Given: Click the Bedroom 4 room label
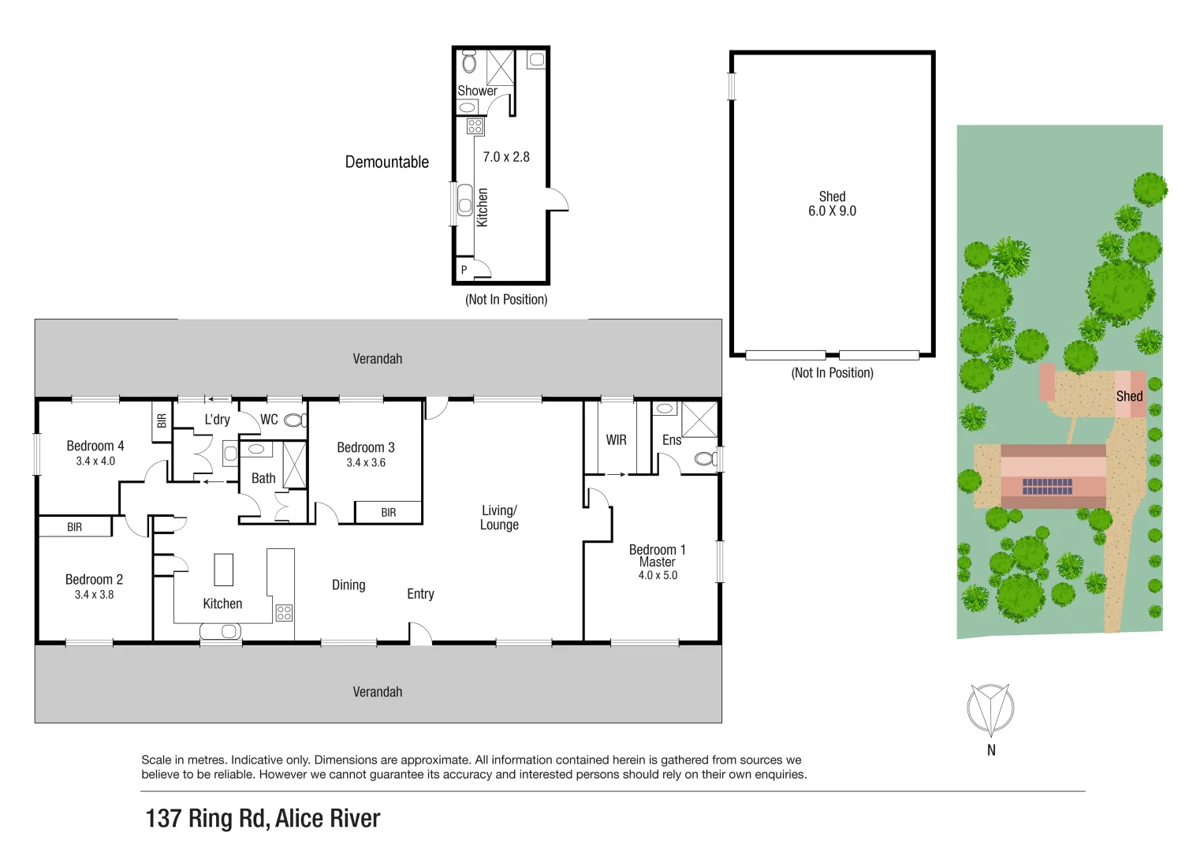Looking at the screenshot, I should [x=95, y=446].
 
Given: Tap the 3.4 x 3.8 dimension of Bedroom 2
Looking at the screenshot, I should [x=94, y=595].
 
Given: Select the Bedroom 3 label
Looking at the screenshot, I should [x=365, y=447].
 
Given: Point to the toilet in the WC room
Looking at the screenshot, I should [x=294, y=420].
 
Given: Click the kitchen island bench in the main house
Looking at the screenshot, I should [x=224, y=570].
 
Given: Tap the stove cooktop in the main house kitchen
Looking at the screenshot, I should [x=284, y=613].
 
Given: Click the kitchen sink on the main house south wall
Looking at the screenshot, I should [x=221, y=631].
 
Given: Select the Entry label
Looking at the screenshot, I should [x=420, y=594].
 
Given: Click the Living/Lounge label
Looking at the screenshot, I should [x=499, y=518].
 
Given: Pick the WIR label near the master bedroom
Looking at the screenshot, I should [x=616, y=440].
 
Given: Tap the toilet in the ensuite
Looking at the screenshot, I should [x=706, y=458].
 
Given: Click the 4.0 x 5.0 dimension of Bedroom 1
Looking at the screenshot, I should [x=658, y=576].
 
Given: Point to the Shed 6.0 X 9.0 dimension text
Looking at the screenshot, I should [x=832, y=211].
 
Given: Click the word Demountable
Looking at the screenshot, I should [x=386, y=162].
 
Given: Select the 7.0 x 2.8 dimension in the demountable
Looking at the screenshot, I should [x=505, y=157].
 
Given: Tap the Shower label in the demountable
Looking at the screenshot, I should [x=477, y=91].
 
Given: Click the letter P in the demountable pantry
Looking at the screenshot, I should [x=464, y=270].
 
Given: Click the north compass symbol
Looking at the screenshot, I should [x=990, y=708].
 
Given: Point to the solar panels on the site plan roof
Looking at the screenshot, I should [x=1047, y=487].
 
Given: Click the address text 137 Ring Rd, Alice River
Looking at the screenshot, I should [x=263, y=819].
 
